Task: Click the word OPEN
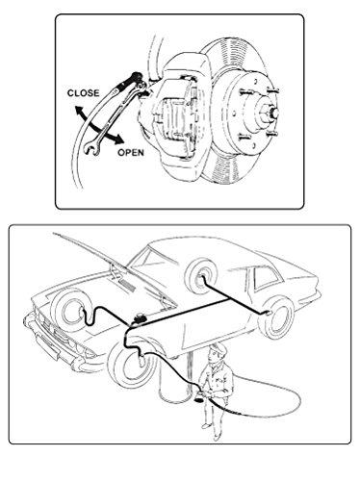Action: (131, 151)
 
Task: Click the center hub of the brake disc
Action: (262, 112)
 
